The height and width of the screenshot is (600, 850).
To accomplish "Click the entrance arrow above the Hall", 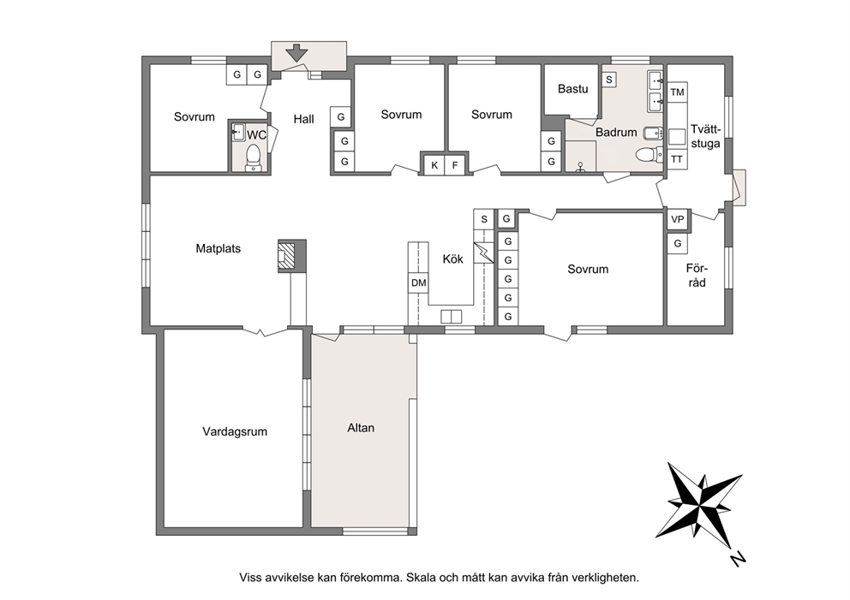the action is click(x=296, y=53).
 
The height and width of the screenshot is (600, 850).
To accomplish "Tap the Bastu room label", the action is click(x=573, y=89).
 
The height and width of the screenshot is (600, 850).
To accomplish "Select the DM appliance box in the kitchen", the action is click(x=418, y=282).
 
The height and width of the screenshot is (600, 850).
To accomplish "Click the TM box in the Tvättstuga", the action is click(x=677, y=92).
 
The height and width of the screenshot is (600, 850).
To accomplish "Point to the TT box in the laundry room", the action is click(x=677, y=159).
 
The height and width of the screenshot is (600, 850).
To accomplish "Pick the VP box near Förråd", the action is click(x=678, y=219).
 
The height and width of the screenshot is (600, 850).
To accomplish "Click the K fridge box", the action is click(x=434, y=165).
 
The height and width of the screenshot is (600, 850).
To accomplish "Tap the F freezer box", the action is click(x=455, y=165).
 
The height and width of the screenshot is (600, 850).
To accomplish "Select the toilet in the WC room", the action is click(x=253, y=157).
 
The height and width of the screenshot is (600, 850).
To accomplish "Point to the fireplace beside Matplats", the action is click(x=292, y=256).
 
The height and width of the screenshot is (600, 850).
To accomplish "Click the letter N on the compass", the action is click(x=737, y=559).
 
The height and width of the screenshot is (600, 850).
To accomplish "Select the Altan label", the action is click(x=361, y=428).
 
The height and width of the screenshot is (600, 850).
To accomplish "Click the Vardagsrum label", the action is click(x=235, y=431).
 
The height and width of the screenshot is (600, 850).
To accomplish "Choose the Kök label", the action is click(x=452, y=258).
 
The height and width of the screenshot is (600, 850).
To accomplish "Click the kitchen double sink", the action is click(x=451, y=316).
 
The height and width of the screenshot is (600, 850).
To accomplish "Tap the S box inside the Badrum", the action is click(x=608, y=80).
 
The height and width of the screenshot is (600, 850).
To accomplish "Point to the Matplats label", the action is click(x=218, y=248).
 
